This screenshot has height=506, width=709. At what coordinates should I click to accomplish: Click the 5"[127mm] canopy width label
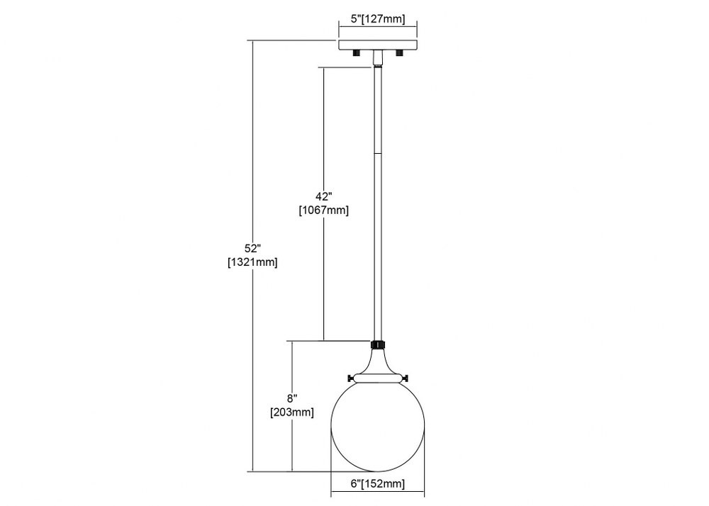click(x=378, y=19)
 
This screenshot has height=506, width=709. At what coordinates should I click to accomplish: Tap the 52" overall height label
click(x=253, y=249)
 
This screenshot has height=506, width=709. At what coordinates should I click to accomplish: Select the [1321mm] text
click(x=252, y=262)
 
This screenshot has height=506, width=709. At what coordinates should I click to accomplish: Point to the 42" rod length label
click(x=324, y=196)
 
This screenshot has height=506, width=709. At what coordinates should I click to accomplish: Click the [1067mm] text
click(x=324, y=210)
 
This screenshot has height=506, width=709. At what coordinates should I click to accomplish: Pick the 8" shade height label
click(x=292, y=398)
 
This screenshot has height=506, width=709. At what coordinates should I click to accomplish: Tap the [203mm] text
click(x=292, y=412)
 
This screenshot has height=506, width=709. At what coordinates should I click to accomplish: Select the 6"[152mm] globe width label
click(x=378, y=484)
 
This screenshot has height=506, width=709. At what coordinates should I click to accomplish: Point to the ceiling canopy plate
click(x=378, y=45)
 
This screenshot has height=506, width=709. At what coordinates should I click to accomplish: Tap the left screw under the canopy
click(x=357, y=53)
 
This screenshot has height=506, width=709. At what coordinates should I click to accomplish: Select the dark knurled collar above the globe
click(x=378, y=344)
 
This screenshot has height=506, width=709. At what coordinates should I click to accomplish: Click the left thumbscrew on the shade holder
click(x=350, y=378)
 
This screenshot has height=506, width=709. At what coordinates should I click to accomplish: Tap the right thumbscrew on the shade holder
click(x=405, y=378)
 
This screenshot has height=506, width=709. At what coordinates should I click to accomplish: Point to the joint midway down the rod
click(x=378, y=154)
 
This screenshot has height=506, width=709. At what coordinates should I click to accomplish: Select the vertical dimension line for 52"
click(x=253, y=256)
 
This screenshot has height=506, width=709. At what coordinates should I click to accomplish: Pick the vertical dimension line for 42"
click(x=324, y=204)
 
